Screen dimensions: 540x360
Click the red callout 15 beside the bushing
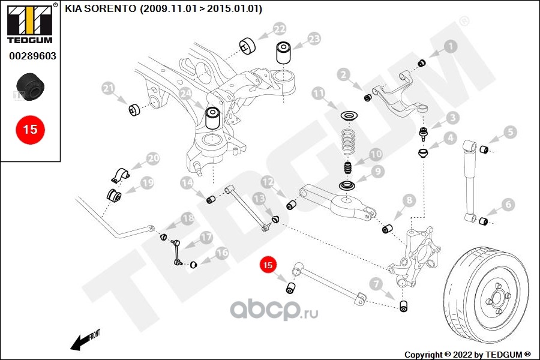point(268,265)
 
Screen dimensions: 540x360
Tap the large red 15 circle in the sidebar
point(31,130)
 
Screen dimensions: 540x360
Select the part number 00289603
point(32,56)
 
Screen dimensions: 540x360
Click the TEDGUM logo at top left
point(30,23)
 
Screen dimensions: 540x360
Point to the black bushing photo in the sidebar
point(31,86)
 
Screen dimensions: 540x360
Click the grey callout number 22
point(279,29)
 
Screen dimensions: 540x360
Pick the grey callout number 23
point(314,38)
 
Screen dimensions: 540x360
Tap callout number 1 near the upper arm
point(451,46)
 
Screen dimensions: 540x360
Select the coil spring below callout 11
point(348,141)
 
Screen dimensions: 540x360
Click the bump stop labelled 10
point(348,169)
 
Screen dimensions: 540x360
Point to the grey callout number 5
point(510,131)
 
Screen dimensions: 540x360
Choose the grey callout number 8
point(409,200)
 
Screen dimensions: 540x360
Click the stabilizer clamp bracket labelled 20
point(120,175)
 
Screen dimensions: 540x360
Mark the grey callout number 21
point(109,89)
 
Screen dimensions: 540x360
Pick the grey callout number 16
point(222,253)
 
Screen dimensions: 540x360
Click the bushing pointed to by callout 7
point(404,305)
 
